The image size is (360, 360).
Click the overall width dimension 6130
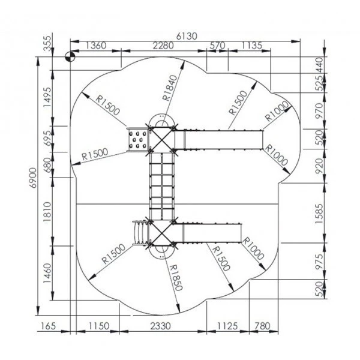pyautogui.click(x=187, y=36)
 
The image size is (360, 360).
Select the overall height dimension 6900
pyautogui.click(x=33, y=178)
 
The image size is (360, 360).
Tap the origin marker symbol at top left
pyautogui.click(x=70, y=57)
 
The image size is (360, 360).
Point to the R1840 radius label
pyautogui.click(x=170, y=88)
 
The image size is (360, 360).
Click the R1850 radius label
pyautogui.click(x=176, y=278)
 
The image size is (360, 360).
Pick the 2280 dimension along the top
pyautogui.click(x=163, y=46)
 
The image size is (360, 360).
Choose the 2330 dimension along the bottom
pyautogui.click(x=160, y=326)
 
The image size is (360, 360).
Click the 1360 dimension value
pyautogui.click(x=96, y=46)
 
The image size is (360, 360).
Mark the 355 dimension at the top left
pyautogui.click(x=47, y=43)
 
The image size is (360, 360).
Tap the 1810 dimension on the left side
pyautogui.click(x=47, y=212)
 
